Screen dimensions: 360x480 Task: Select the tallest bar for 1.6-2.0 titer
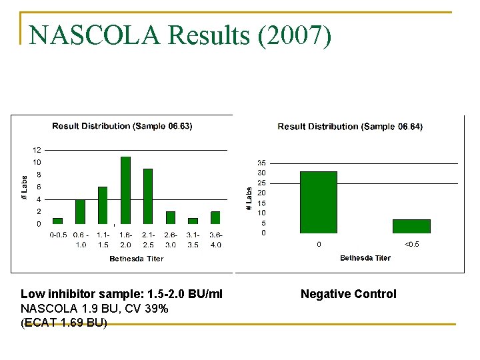125,190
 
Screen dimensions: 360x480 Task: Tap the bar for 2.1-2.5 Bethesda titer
148,196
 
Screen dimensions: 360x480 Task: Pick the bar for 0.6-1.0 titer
80,211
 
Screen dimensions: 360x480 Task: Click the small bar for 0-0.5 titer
57,221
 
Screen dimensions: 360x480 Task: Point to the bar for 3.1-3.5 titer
193,221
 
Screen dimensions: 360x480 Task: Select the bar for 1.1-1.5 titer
103,205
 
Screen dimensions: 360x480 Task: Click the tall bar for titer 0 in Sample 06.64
318,202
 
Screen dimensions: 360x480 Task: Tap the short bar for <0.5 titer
411,226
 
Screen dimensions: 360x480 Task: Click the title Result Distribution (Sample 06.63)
122,126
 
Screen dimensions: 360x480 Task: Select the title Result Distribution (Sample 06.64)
350,127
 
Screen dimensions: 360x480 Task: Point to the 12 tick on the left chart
37,150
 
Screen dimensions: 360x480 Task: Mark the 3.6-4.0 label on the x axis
215,239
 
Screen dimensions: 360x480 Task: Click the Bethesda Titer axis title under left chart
136,259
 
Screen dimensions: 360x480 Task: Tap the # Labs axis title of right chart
249,199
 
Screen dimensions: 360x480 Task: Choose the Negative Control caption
348,294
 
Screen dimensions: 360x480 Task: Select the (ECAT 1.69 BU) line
64,323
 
